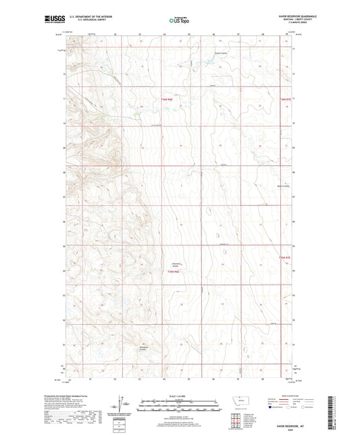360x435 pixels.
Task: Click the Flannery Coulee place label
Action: click(174, 265)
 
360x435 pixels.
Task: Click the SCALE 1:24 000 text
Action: click(179, 395)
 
